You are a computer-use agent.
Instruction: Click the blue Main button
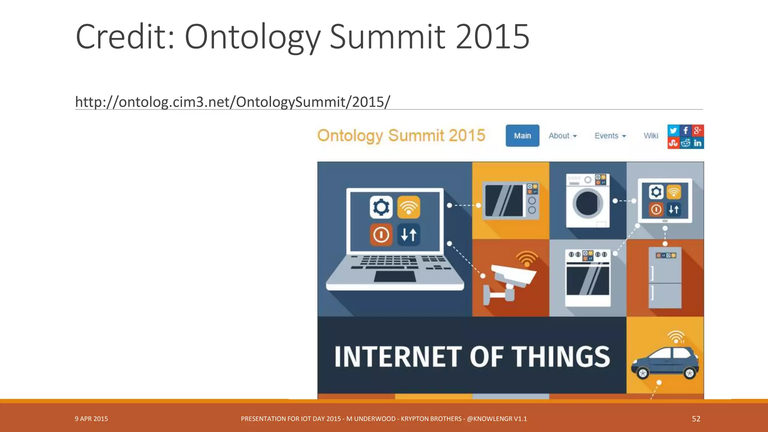(x=522, y=136)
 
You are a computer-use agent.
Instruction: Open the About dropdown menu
(x=562, y=136)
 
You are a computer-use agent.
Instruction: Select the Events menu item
(x=610, y=136)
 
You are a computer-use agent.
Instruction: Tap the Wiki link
(x=651, y=136)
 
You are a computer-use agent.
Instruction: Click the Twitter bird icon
(x=673, y=130)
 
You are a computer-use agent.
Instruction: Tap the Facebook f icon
(x=685, y=130)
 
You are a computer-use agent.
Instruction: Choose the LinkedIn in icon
(x=697, y=143)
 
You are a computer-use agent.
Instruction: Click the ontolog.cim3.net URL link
(x=232, y=102)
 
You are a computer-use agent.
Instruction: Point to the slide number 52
(x=696, y=419)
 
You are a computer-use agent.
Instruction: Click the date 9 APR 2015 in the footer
(x=91, y=419)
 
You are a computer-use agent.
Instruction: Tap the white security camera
(x=512, y=277)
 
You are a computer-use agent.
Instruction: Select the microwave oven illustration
(x=511, y=201)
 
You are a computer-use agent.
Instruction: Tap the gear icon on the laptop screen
(x=381, y=207)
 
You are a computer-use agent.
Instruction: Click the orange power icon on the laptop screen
(x=381, y=235)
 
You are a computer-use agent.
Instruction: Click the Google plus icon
(x=697, y=130)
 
